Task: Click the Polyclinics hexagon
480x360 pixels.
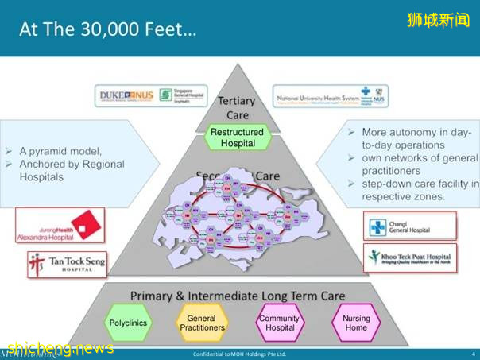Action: (x=126, y=323)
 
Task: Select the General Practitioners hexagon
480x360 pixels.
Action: (x=202, y=323)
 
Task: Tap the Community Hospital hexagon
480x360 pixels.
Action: (x=279, y=323)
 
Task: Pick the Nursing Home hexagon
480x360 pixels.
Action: (x=356, y=323)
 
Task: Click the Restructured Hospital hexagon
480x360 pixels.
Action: (x=238, y=137)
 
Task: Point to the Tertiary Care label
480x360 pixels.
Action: (x=237, y=108)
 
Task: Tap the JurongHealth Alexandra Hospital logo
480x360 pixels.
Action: (x=60, y=226)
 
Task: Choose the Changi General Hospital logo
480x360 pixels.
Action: (x=409, y=226)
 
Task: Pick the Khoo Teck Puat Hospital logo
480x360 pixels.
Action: (x=410, y=257)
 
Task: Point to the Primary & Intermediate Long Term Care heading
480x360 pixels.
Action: (x=238, y=296)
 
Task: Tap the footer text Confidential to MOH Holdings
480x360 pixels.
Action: (x=239, y=354)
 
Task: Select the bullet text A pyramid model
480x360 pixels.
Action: (x=60, y=150)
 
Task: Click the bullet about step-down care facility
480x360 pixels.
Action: (x=413, y=190)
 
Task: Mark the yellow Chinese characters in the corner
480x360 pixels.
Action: (x=439, y=18)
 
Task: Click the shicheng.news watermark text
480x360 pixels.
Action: (x=60, y=348)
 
